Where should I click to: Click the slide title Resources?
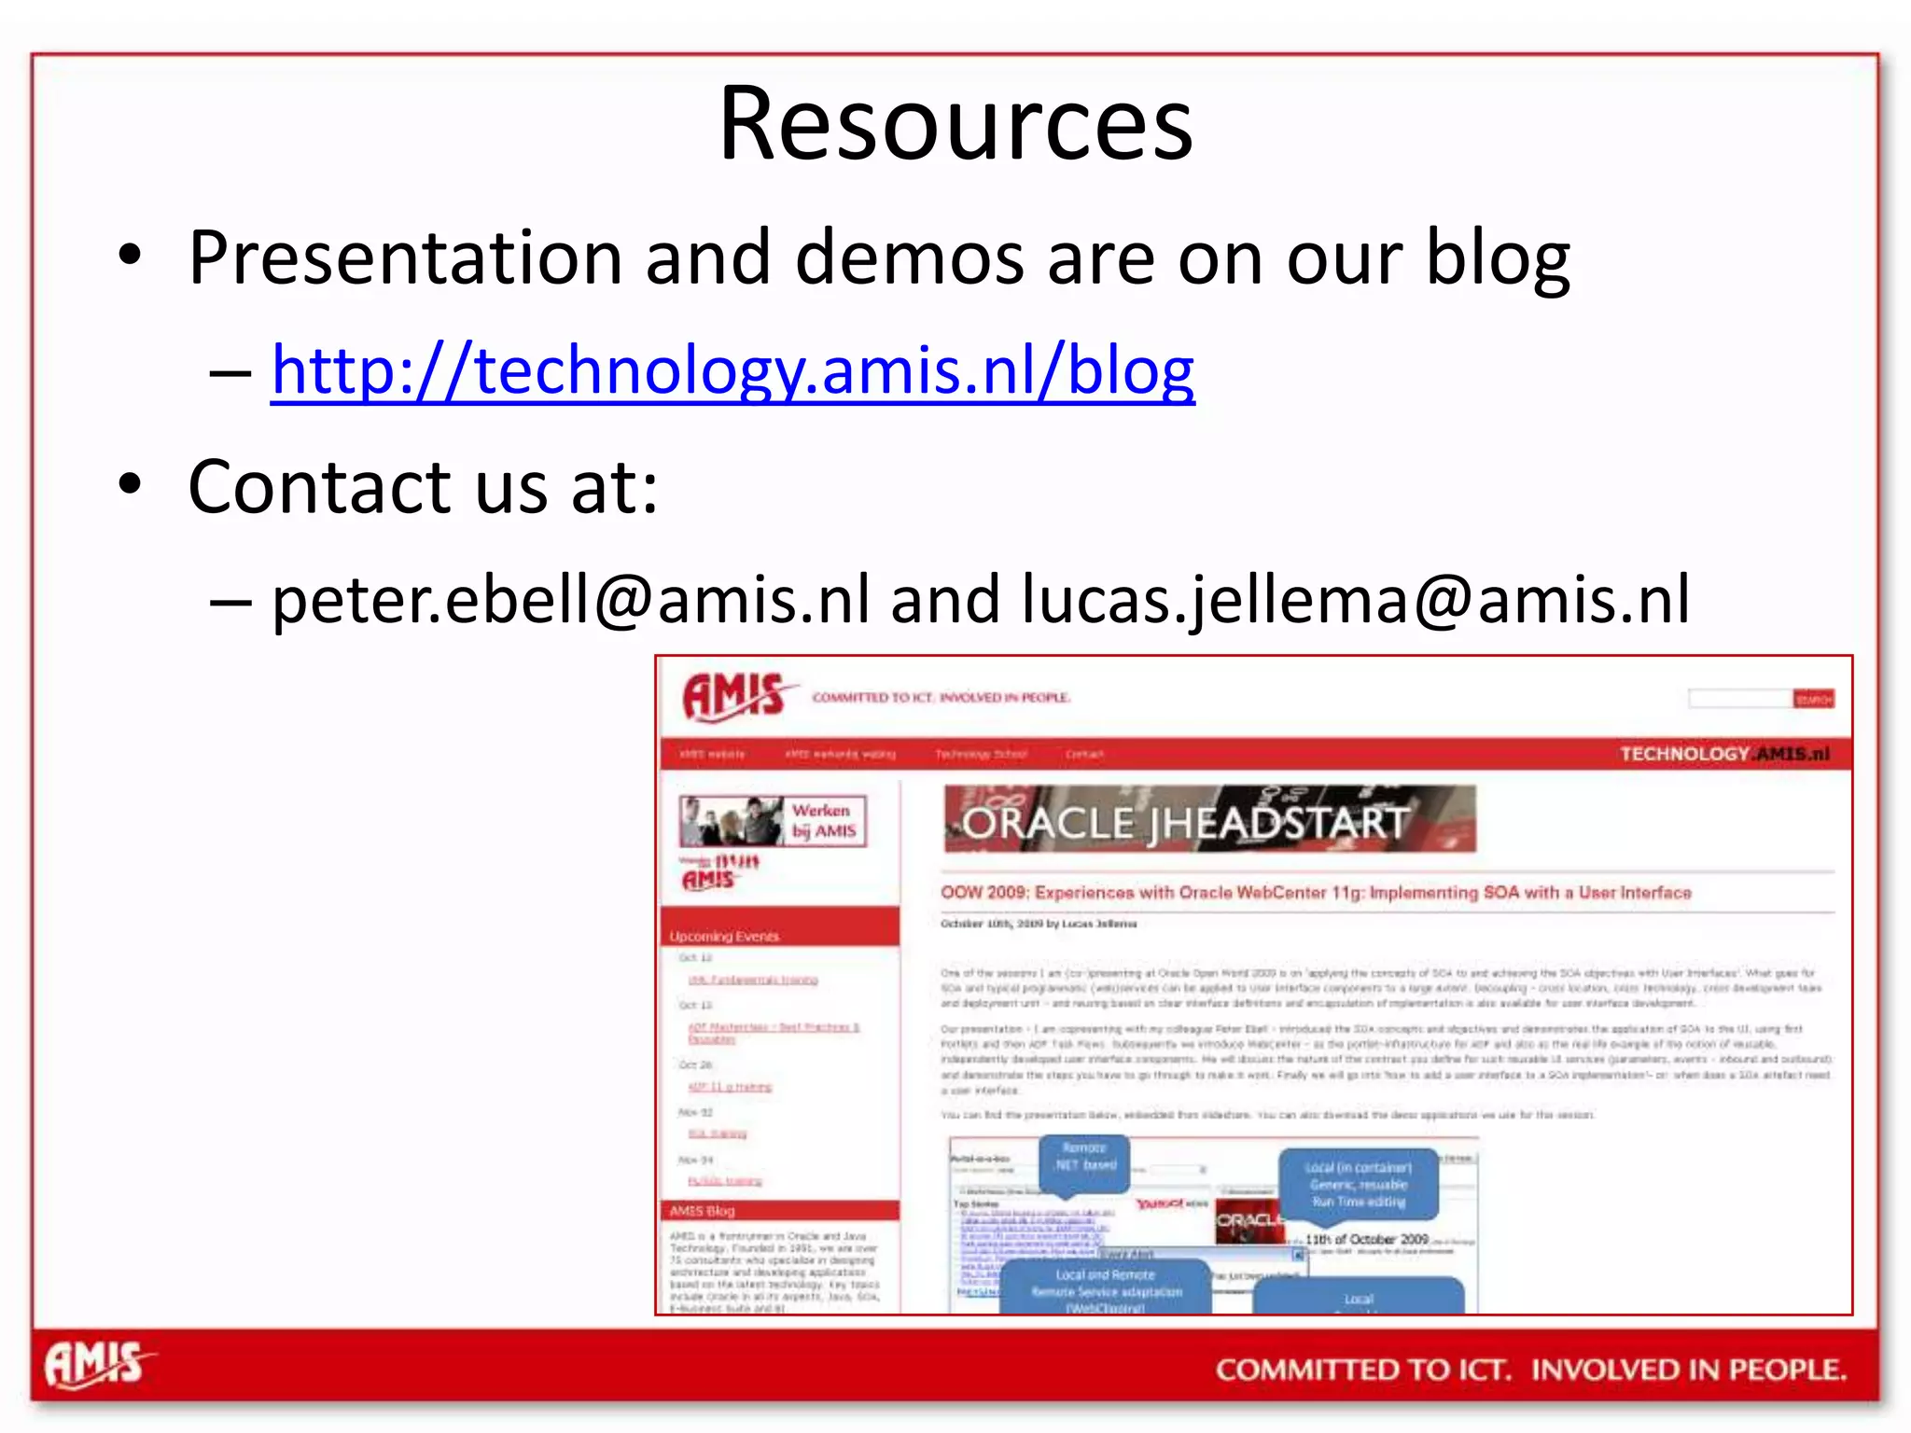(955, 124)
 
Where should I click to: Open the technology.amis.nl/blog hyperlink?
(732, 371)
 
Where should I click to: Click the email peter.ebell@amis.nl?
(570, 600)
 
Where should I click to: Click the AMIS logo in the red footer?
(97, 1366)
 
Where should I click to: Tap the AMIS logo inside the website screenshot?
(734, 696)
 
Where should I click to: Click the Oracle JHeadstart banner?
(1209, 819)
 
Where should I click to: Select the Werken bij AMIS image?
(773, 821)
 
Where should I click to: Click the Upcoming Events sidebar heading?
(724, 936)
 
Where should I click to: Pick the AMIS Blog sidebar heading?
(702, 1211)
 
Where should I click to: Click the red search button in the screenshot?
(1813, 699)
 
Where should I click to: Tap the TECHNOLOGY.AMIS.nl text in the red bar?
(1724, 754)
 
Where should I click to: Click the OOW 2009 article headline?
(1316, 893)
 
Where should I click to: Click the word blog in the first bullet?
(1498, 258)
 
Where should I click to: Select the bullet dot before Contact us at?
(130, 484)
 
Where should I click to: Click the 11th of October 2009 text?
(1366, 1240)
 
